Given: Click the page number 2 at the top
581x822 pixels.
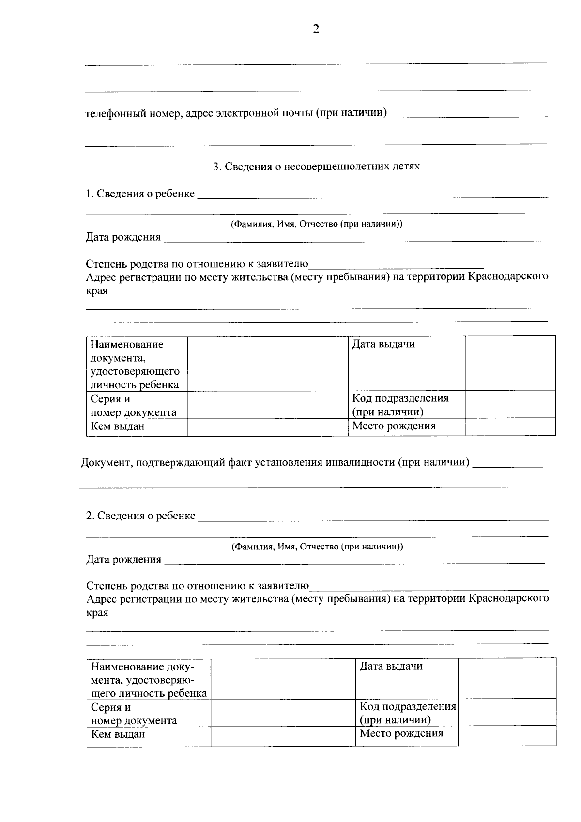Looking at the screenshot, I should (316, 30).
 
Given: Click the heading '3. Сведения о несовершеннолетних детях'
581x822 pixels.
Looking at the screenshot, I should (316, 167).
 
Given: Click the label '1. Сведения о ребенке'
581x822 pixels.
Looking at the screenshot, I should (140, 194).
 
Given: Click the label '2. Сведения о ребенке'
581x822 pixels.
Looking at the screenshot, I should (140, 516).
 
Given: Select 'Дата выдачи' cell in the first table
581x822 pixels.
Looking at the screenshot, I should (383, 345).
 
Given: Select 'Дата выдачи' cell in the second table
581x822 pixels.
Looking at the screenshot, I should (391, 666).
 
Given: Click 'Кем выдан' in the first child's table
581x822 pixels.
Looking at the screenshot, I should (118, 426).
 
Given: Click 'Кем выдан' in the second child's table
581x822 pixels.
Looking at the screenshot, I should (118, 734).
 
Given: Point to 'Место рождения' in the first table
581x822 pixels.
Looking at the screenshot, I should (394, 426).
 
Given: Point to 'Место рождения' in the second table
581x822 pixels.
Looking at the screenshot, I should (401, 733).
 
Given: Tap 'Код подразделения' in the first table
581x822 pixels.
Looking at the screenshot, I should (400, 398).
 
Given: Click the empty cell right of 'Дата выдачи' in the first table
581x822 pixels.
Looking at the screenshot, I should (510, 363).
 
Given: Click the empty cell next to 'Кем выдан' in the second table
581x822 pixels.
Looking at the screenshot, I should (283, 736).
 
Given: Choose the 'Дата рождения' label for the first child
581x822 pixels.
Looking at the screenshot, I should (123, 237).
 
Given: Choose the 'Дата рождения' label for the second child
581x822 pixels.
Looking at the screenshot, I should (123, 560).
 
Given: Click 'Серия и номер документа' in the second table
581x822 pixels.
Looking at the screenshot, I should (134, 714).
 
